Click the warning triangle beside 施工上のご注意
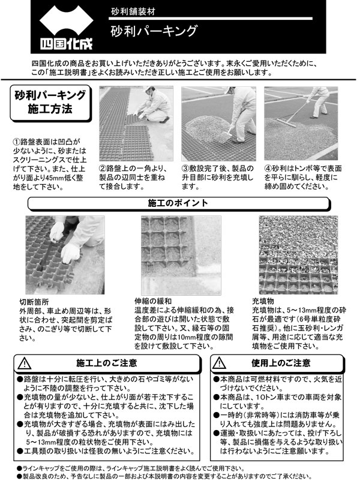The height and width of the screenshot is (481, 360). coord(25,363)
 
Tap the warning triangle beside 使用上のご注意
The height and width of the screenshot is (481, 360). coord(221,363)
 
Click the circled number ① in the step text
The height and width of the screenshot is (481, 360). coord(17,142)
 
